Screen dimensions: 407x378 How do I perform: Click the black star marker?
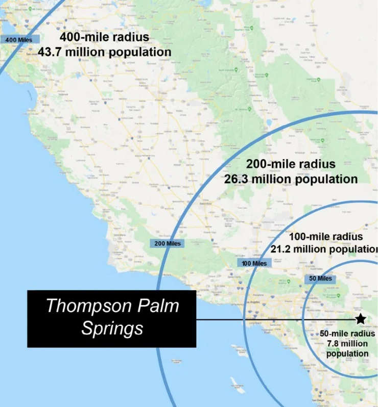360,319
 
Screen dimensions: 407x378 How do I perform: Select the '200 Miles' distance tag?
168,243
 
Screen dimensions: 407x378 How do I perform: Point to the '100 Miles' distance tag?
254,263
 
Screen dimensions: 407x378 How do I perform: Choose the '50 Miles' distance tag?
320,278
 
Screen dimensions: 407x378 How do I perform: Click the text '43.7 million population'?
104,52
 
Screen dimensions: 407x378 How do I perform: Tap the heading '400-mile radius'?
104,37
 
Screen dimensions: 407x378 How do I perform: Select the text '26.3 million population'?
291,179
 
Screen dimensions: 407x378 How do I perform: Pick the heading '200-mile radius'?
291,164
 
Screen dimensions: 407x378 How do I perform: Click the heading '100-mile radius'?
326,237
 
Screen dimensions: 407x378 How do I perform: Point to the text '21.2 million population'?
325,249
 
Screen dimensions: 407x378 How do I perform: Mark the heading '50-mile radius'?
347,334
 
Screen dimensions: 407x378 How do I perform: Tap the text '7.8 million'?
347,344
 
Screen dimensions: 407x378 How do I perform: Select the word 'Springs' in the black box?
112,328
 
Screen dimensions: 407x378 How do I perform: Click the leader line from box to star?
276,320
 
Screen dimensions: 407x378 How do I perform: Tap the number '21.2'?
283,249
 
